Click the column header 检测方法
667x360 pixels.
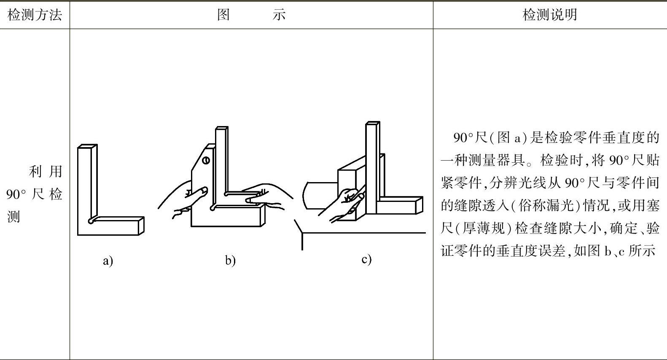tap(35, 15)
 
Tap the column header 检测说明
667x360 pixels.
tap(550, 15)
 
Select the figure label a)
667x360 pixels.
tap(108, 261)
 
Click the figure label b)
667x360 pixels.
tap(230, 261)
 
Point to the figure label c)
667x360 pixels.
tap(366, 259)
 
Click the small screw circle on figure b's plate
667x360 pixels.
tap(206, 160)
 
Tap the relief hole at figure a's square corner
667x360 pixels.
tap(91, 220)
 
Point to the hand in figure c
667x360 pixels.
tap(348, 204)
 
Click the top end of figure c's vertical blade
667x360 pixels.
tap(372, 123)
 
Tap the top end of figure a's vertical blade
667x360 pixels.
tap(87, 147)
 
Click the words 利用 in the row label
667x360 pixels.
tap(46, 172)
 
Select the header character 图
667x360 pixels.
tap(223, 15)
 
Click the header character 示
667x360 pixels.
tap(279, 15)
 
